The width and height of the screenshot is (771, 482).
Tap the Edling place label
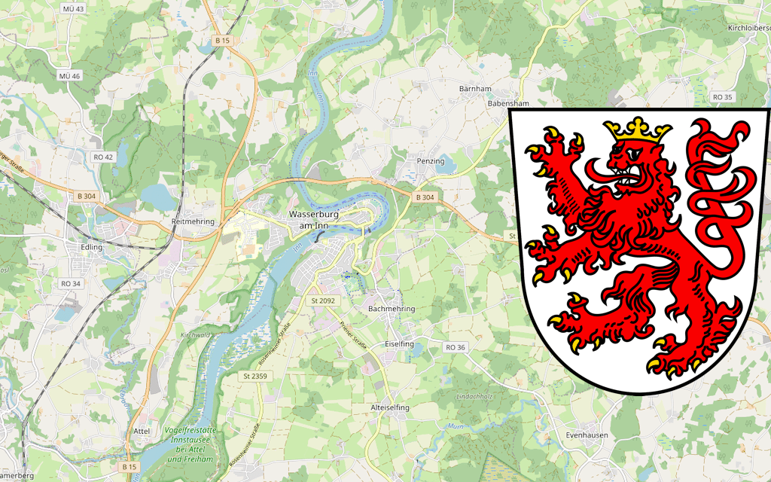click(x=92, y=247)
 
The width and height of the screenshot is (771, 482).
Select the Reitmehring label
click(x=193, y=221)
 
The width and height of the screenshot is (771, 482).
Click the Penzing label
click(x=431, y=161)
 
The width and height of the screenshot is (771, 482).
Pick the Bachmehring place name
click(x=392, y=309)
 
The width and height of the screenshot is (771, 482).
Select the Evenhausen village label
click(x=587, y=435)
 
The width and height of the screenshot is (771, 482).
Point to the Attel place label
click(x=142, y=431)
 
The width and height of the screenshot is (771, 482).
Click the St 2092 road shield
click(x=322, y=300)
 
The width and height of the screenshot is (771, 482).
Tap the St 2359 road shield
click(x=254, y=375)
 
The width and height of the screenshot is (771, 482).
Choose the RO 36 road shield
click(x=456, y=347)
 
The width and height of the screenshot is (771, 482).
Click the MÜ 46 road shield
click(x=69, y=77)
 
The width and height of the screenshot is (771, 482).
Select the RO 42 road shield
click(x=103, y=157)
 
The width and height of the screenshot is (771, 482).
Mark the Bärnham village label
click(x=475, y=89)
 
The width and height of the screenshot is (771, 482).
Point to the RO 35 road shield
click(x=722, y=97)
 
